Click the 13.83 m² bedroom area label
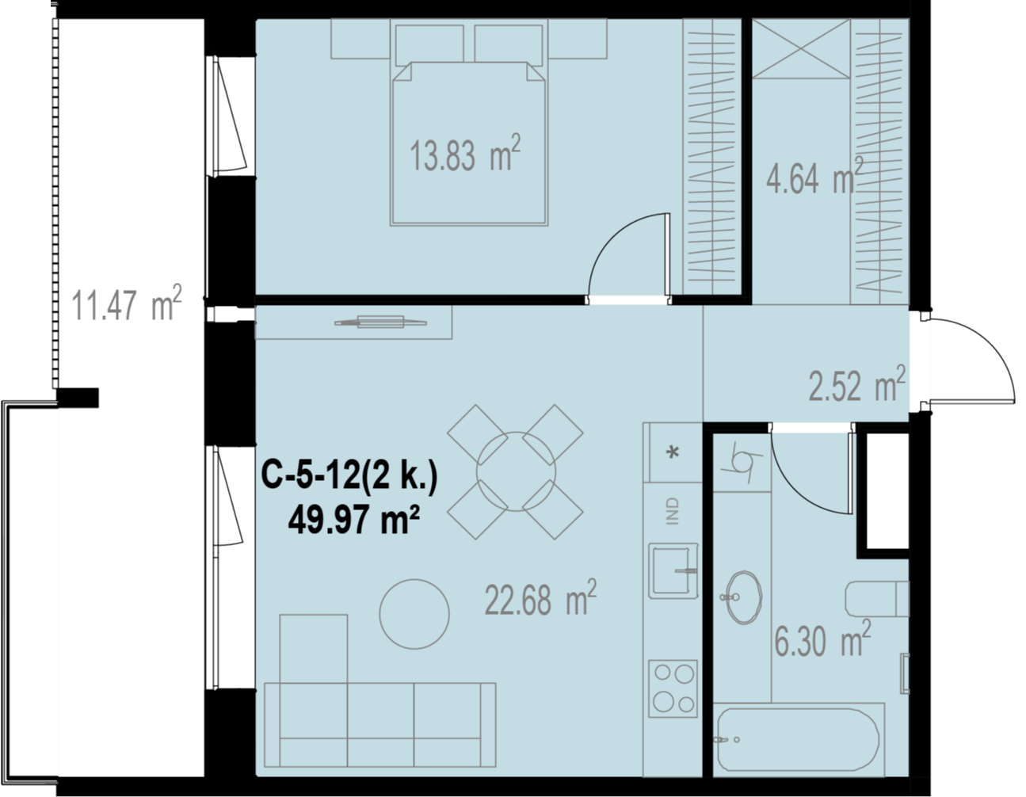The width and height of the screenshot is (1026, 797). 465,154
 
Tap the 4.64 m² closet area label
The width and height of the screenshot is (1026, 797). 814,176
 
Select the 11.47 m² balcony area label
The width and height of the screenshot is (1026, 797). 126,303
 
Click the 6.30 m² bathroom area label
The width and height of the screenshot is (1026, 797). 823,639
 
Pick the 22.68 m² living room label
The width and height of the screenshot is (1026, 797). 540,597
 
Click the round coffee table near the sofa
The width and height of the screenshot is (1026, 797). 414,614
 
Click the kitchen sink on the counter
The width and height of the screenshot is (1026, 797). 673,571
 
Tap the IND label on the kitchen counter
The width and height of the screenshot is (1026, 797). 673,511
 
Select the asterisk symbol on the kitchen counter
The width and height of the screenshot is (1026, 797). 673,452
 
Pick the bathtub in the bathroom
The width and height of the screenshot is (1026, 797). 798,746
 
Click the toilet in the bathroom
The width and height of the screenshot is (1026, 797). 877,599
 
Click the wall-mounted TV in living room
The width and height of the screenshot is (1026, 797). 380,322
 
